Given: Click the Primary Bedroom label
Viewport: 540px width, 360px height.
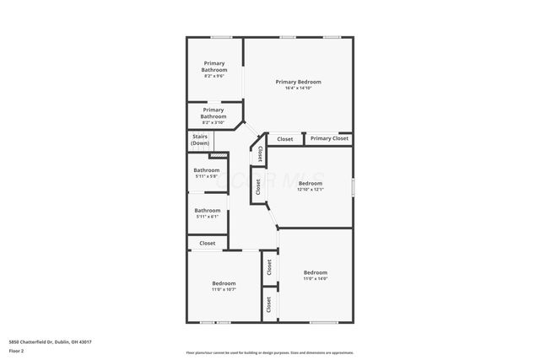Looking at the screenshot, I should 298,82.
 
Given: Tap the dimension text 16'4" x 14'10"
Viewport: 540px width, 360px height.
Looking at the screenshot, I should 298,88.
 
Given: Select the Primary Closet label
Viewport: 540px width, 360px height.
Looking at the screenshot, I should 328,138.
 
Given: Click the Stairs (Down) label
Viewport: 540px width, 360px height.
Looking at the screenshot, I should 200,139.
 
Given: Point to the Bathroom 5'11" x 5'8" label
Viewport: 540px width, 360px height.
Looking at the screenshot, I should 207,170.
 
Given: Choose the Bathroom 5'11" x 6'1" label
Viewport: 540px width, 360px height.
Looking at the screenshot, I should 208,211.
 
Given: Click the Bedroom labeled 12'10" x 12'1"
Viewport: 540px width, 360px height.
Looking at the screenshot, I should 310,183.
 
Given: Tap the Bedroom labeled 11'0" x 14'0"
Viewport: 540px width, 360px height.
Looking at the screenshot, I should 315,272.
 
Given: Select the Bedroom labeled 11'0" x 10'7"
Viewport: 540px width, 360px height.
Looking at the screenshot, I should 224,283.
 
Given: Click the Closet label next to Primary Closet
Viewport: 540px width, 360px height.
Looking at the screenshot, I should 285,139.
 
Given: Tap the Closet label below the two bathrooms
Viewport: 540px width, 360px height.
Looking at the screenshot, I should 208,244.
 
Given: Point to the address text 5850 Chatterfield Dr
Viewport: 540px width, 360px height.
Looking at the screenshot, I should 50,341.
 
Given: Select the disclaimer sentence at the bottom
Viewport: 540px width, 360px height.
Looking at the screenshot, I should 270,352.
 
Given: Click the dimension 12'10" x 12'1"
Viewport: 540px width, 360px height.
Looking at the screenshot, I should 310,189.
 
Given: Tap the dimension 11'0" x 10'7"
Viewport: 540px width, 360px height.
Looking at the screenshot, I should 224,289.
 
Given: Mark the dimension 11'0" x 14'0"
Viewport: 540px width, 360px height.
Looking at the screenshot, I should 315,278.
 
